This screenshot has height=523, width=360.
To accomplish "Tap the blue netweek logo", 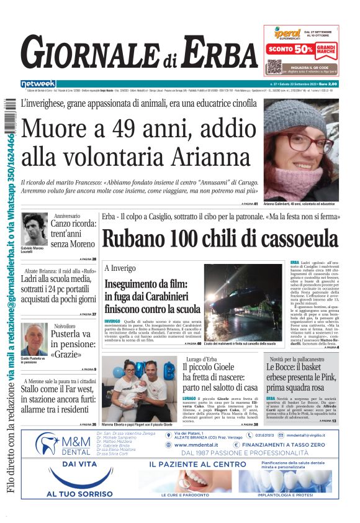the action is (38, 83).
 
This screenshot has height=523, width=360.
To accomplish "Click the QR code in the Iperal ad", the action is (274, 67).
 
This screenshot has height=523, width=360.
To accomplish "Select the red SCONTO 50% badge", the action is (290, 48).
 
